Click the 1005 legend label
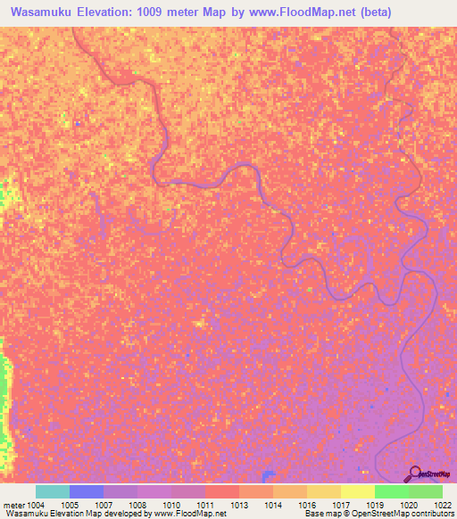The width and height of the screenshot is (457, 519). pos(70,505)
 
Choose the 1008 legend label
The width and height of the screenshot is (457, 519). pos(137,505)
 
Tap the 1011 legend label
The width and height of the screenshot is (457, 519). pos(205,505)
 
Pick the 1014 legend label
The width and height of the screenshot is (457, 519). pos(272,505)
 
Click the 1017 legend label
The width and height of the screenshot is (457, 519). pos(340,505)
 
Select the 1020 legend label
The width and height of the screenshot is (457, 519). pos(408,505)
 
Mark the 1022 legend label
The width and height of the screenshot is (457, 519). pos(442,505)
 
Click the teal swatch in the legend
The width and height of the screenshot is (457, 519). pos(53,491)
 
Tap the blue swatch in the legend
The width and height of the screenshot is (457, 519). pos(87,491)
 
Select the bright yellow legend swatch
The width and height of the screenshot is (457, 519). pos(357,491)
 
